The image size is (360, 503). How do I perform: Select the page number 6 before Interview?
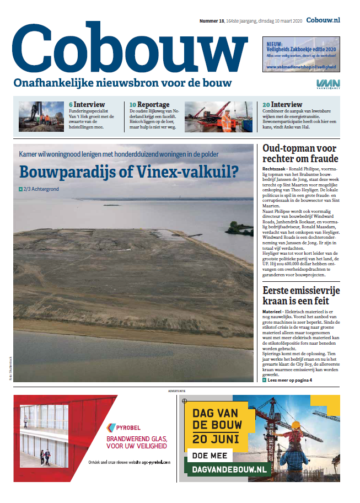(71, 104)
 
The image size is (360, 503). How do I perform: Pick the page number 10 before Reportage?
(133, 104)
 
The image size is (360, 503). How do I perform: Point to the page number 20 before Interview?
(266, 104)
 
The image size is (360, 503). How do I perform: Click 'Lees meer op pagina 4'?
(290, 380)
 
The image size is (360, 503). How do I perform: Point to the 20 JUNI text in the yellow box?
(216, 440)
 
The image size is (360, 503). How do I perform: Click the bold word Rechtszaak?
(274, 168)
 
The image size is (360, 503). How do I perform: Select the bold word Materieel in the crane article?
(273, 312)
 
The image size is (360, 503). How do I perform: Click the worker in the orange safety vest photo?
(226, 122)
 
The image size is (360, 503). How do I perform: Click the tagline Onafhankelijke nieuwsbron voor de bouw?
(123, 83)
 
